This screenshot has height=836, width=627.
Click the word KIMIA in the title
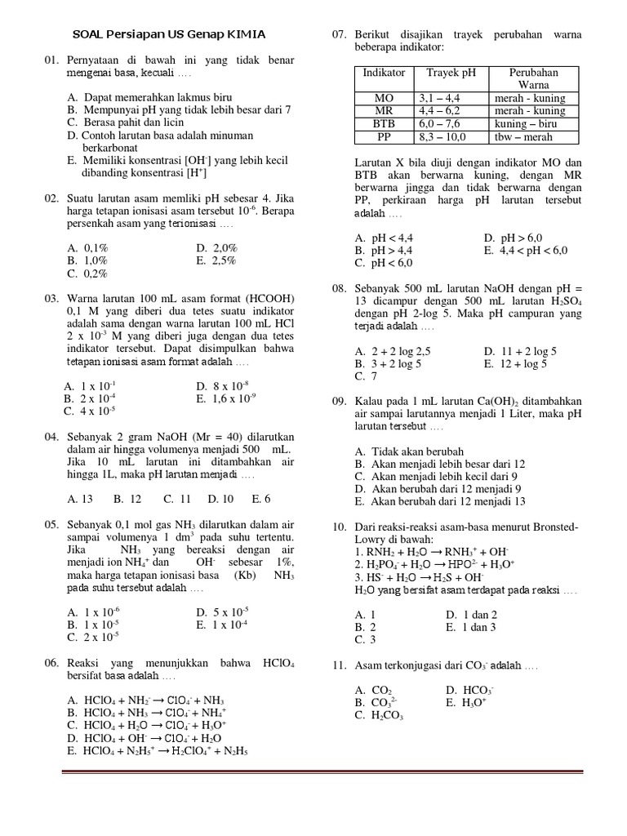point(244,34)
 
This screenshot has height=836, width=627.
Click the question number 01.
point(53,61)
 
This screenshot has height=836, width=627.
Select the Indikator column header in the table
point(384,73)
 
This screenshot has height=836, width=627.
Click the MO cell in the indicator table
point(384,98)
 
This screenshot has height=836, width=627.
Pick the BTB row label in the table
point(384,123)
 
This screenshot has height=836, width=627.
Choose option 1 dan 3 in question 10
point(471,627)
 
